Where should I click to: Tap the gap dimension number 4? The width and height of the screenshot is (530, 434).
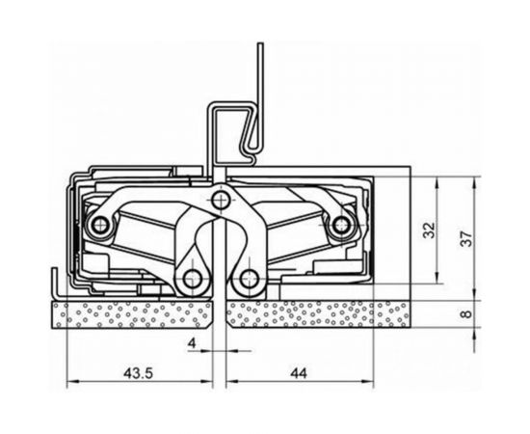192,342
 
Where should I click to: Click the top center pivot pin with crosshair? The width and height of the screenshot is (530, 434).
223,200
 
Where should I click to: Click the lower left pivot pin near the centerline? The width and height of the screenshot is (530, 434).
193,281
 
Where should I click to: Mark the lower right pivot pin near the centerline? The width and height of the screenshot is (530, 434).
251,281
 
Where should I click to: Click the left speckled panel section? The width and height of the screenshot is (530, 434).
135,314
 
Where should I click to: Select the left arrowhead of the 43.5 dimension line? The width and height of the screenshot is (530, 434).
70,386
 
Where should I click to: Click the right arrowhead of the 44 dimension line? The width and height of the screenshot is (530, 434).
371,386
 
